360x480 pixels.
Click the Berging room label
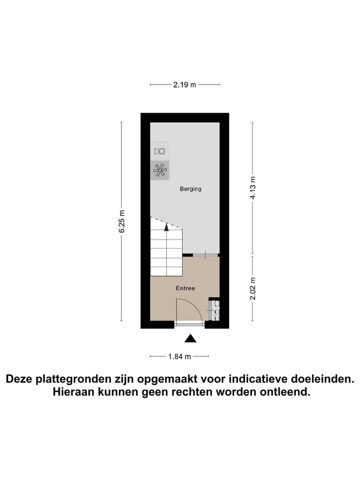tap(190, 189)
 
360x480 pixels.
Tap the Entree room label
tap(185, 288)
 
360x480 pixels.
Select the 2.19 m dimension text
tap(184, 85)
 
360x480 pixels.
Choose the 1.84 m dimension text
tap(179, 356)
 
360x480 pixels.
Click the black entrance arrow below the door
tap(189, 339)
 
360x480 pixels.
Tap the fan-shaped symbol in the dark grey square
tap(160, 170)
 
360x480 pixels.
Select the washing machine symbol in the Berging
tap(160, 151)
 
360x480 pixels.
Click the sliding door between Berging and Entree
tap(206, 255)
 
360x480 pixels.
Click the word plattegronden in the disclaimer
tap(80, 379)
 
